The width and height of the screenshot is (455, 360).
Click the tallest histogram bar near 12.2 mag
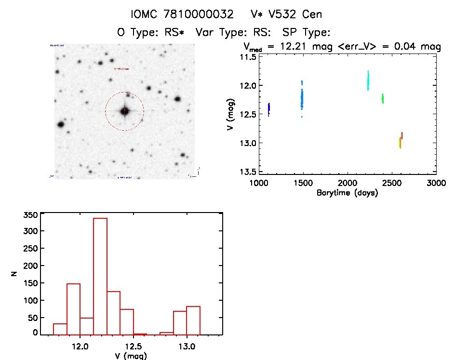pos(100,276)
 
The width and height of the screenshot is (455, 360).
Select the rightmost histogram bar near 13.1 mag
pos(193,320)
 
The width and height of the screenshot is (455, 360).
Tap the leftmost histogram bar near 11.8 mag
pos(60,329)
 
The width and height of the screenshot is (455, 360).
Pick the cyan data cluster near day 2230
pos(368,80)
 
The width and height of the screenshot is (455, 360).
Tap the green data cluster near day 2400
pos(383,98)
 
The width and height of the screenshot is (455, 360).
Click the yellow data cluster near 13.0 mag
pos(400,143)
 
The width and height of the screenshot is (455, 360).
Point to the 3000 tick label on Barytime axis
pos(436,184)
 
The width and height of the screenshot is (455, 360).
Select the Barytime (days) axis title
pos(347,193)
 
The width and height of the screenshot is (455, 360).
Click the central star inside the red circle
pos(124,111)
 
